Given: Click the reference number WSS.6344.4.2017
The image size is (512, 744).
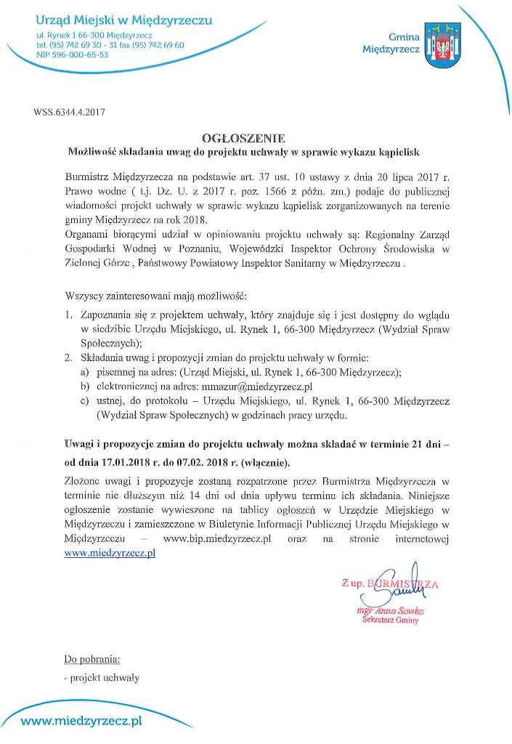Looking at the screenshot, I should click(x=69, y=113).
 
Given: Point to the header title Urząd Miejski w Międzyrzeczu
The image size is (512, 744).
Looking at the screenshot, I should click(x=124, y=20).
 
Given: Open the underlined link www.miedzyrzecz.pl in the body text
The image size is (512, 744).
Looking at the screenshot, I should click(x=110, y=553).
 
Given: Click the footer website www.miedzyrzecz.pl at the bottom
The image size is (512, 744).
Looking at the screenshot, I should click(x=81, y=721).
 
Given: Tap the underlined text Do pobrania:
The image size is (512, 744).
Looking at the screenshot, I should click(x=92, y=660).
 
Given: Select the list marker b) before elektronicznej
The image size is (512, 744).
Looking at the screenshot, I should click(x=85, y=387).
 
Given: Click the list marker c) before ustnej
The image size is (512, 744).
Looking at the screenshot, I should click(x=85, y=402).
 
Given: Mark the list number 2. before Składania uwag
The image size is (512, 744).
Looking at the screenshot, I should click(x=68, y=358).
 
